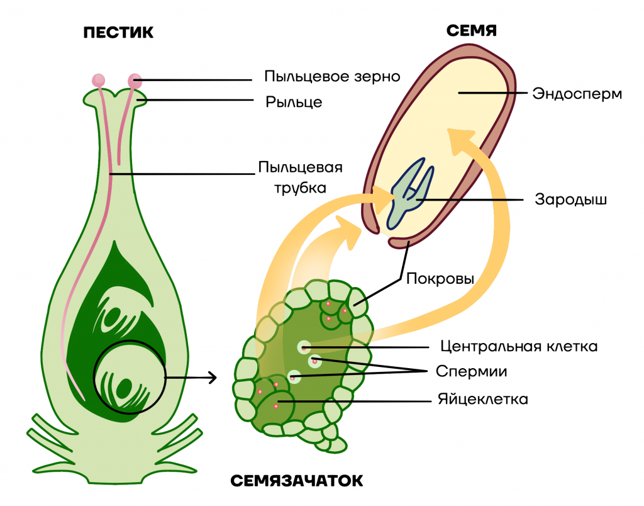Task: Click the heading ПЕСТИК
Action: pyautogui.click(x=118, y=33)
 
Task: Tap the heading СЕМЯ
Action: pyautogui.click(x=472, y=30)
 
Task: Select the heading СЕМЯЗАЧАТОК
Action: pyautogui.click(x=297, y=481)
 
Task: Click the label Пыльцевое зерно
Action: pyautogui.click(x=332, y=76)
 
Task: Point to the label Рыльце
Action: pyautogui.click(x=294, y=101)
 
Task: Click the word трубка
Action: pyautogui.click(x=300, y=188)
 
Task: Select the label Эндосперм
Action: pyautogui.click(x=577, y=94)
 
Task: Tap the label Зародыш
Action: pyautogui.click(x=570, y=200)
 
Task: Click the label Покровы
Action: pyautogui.click(x=440, y=279)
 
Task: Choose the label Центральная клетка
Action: pyautogui.click(x=519, y=346)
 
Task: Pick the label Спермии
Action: pyautogui.click(x=471, y=371)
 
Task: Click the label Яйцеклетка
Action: pyautogui.click(x=482, y=399)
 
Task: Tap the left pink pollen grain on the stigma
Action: pyautogui.click(x=99, y=80)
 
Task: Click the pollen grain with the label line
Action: pyautogui.click(x=135, y=81)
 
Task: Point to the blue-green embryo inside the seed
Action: pyautogui.click(x=409, y=193)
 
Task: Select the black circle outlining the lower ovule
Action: pyautogui.click(x=94, y=377)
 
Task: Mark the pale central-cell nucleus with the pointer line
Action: pyautogui.click(x=304, y=347)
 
